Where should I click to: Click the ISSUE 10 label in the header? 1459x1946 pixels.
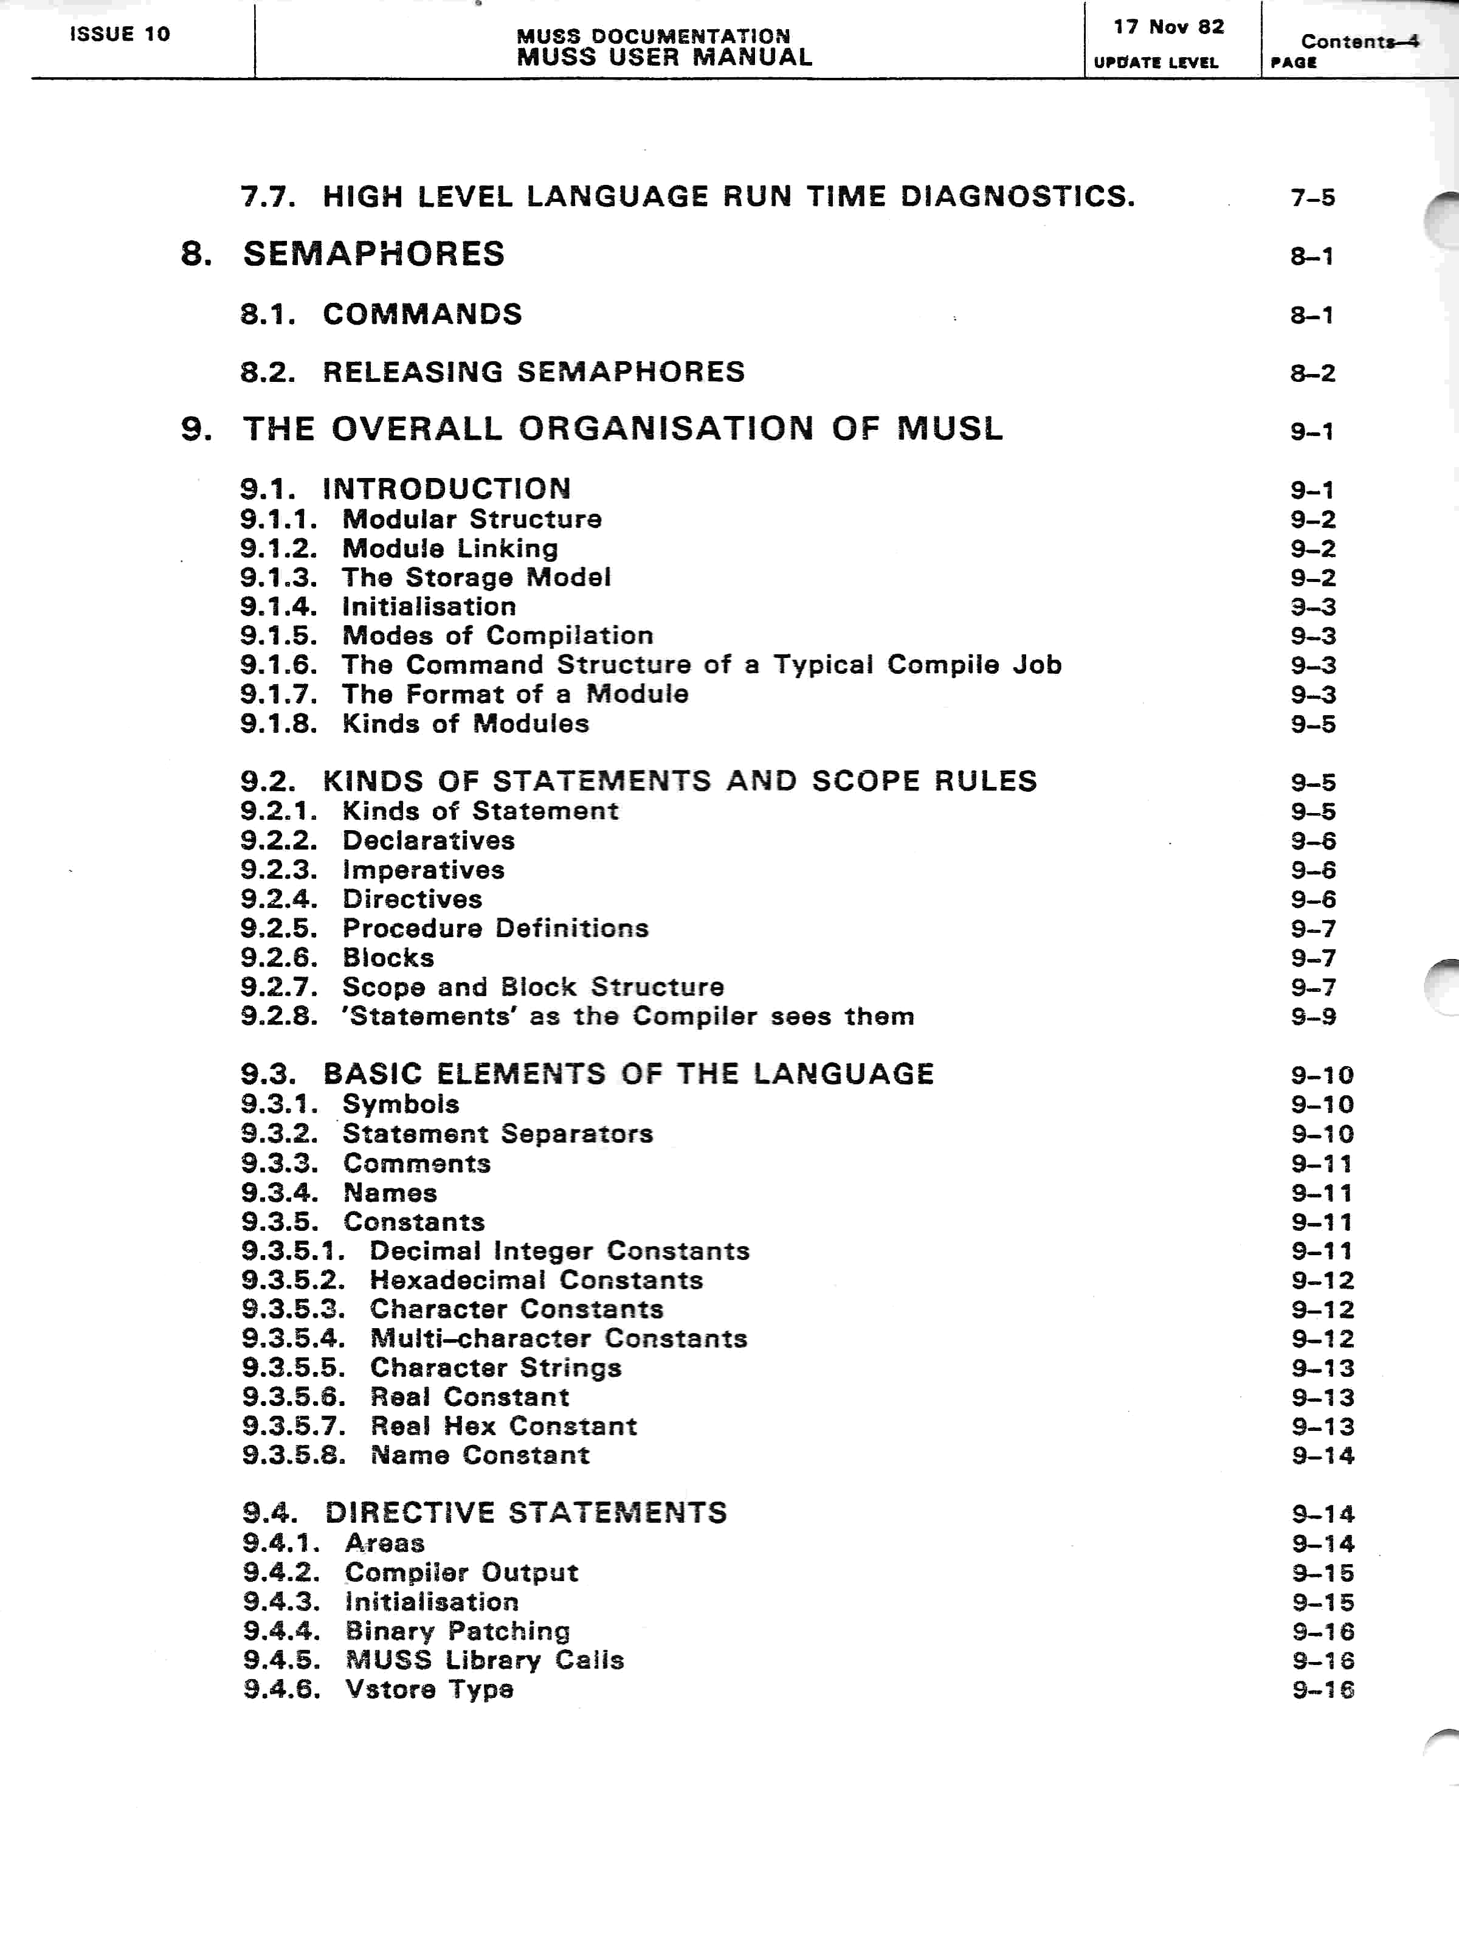pos(120,34)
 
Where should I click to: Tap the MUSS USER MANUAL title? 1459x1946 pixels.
pos(664,58)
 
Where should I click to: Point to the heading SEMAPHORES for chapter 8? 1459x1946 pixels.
pos(374,254)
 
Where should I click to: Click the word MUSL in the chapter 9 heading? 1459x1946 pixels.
pos(950,429)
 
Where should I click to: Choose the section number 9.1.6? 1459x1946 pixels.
pos(279,665)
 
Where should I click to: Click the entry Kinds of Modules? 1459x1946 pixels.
pos(465,724)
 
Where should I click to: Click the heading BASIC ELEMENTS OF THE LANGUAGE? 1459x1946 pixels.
pos(628,1074)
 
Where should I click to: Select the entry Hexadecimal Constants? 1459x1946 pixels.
pos(536,1281)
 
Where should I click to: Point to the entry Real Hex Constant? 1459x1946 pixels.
pos(503,1426)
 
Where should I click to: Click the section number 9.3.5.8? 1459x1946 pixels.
pos(294,1455)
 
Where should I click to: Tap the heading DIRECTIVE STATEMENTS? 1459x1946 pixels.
pos(526,1513)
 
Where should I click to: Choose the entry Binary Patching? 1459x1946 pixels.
pos(457,1631)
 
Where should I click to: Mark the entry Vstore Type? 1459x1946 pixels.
pos(429,1689)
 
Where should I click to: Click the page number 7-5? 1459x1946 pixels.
pos(1312,198)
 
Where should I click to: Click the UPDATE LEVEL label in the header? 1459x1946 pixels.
pos(1156,63)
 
